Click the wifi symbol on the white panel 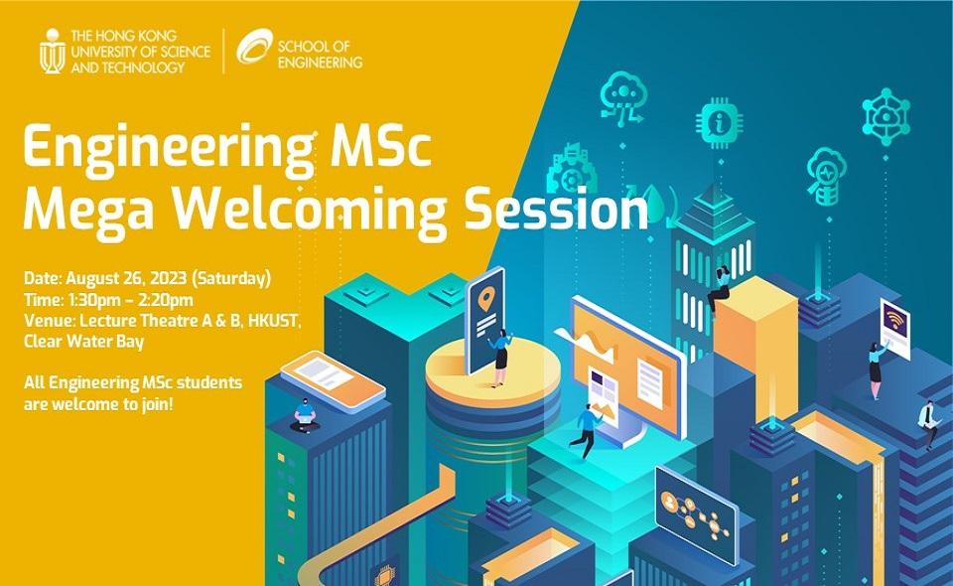click(894, 321)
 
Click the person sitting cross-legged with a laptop click(302, 416)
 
